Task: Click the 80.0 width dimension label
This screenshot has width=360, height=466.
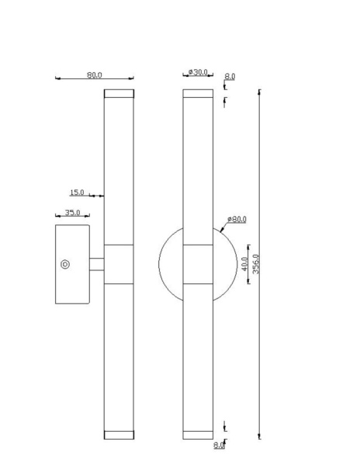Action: [x=95, y=75]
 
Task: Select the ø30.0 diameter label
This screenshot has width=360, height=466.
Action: [x=199, y=72]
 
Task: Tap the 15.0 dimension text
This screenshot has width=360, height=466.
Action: [x=78, y=192]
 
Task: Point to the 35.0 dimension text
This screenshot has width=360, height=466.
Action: [x=73, y=211]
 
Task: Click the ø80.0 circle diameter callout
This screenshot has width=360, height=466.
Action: [x=237, y=219]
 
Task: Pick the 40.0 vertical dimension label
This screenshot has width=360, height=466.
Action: [x=246, y=265]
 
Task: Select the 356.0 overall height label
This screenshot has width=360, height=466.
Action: [x=256, y=263]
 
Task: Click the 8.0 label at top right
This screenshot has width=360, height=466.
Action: [x=230, y=76]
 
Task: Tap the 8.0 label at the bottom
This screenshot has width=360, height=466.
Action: [x=219, y=445]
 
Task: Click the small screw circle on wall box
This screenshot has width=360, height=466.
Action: [x=65, y=265]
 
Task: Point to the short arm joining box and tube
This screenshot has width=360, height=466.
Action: [x=97, y=265]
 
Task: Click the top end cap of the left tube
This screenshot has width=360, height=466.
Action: [x=119, y=94]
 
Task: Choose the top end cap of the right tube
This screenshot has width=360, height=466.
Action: [x=198, y=94]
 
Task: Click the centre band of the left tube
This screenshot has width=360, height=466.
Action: [x=119, y=265]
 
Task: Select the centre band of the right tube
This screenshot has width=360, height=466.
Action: [x=198, y=265]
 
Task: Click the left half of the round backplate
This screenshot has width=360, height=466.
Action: [x=171, y=265]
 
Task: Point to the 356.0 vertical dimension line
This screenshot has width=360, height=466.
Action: [x=259, y=155]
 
